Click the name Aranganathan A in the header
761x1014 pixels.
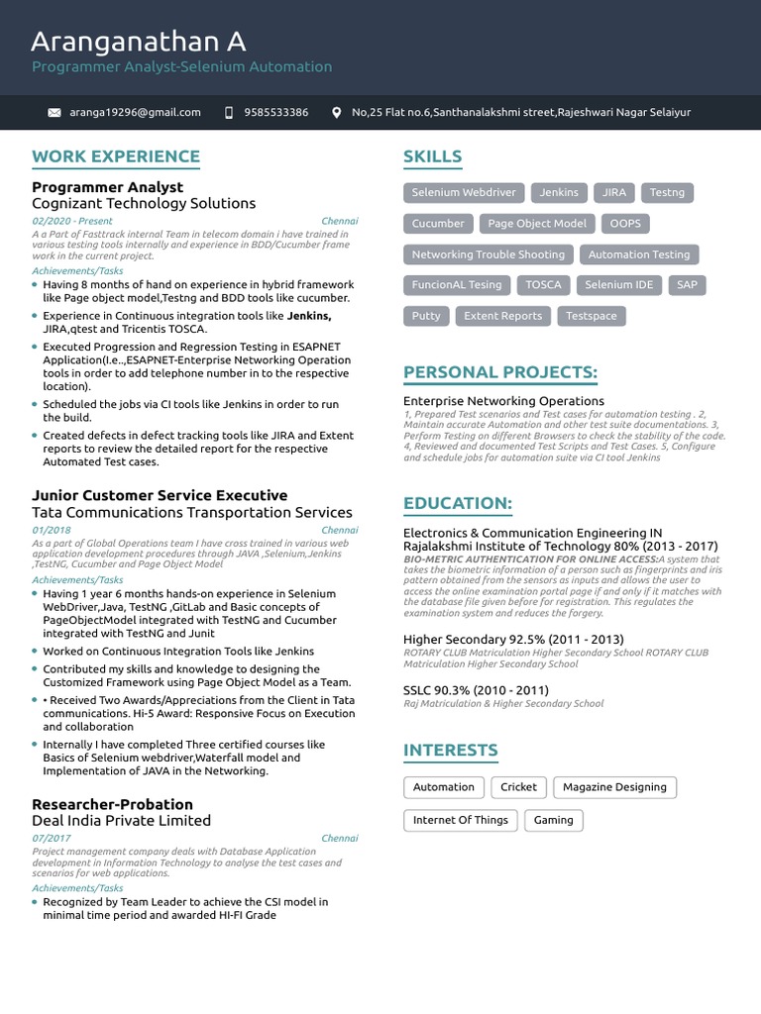coord(139,42)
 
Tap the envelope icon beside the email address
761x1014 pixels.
coord(54,113)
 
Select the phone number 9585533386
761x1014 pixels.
coord(275,113)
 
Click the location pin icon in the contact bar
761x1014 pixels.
coord(337,113)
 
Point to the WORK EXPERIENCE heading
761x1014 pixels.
coord(116,156)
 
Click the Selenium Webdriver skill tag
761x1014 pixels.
coord(464,192)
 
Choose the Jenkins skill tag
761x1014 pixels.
coord(559,192)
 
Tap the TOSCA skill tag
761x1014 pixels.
coord(543,285)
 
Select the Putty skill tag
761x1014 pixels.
coord(426,316)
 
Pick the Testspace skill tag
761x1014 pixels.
coord(591,316)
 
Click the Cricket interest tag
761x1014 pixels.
coord(518,787)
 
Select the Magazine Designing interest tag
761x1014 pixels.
coord(614,787)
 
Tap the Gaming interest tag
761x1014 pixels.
coord(554,820)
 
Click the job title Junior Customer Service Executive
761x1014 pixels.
coord(160,495)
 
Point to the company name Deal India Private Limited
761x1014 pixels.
coord(121,820)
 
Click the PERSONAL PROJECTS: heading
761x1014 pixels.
coord(500,372)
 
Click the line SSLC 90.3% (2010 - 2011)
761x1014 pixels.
coord(476,689)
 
